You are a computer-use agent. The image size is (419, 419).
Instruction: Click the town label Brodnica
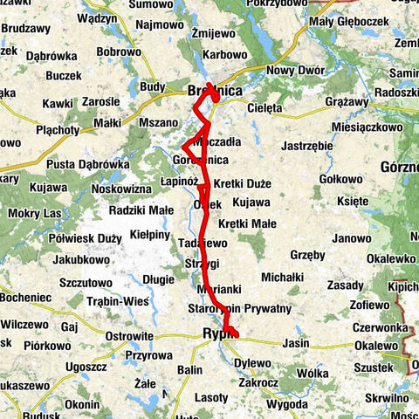coord(215,91)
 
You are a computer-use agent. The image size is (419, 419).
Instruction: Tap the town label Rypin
coord(216,333)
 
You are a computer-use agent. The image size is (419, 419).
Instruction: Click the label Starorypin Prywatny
coord(239,309)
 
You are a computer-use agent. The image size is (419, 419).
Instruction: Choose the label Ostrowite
coord(129,335)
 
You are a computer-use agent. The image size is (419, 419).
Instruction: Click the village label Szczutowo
coord(83,282)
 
